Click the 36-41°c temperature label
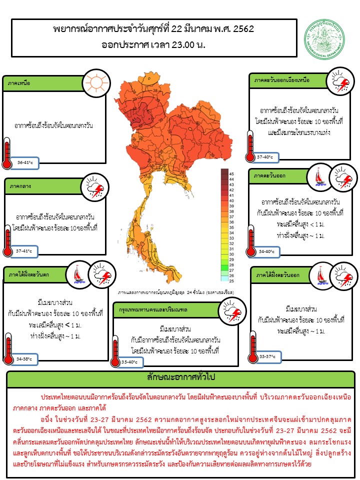(24, 162)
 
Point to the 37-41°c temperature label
(24, 250)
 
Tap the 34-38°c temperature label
(24, 358)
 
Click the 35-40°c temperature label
(129, 361)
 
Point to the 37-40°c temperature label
(264, 156)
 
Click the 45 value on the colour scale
(231, 173)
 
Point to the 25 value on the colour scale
(231, 275)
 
